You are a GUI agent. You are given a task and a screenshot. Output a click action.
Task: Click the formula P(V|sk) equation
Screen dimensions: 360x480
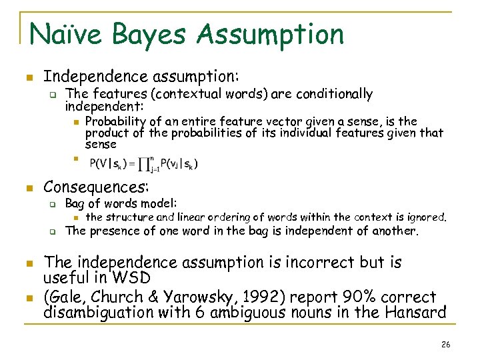143,163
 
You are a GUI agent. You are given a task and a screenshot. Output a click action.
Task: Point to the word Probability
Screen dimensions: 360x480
116,121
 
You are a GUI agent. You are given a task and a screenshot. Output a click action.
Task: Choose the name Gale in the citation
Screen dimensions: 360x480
67,297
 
